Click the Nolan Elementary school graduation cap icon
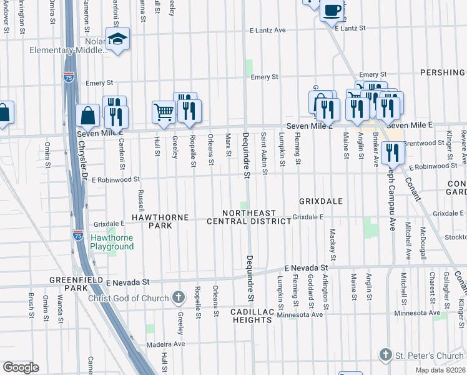click(x=117, y=39)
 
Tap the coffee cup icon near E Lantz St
click(x=332, y=9)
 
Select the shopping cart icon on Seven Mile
click(x=164, y=112)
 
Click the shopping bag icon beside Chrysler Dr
click(x=88, y=115)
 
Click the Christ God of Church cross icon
click(x=178, y=297)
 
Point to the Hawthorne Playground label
click(x=112, y=242)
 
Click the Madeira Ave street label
click(x=166, y=344)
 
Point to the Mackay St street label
click(x=333, y=245)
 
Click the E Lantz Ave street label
click(x=267, y=30)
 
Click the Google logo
click(x=21, y=367)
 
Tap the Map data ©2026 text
click(x=440, y=370)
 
